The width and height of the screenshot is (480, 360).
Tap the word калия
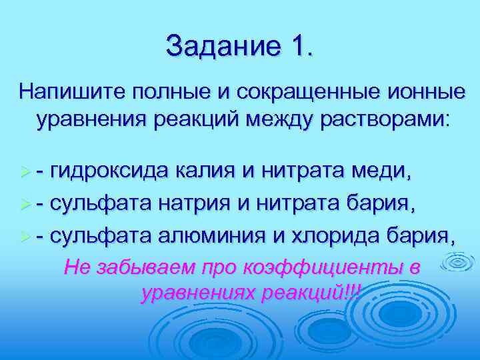(x=205, y=172)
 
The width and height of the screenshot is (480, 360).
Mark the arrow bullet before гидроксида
(x=26, y=173)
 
